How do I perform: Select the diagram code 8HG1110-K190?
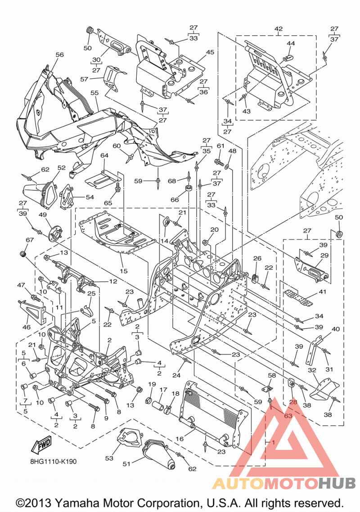point(53,462)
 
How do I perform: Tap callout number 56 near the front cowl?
point(59,54)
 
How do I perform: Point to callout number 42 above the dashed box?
point(279,29)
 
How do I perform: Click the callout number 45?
point(210,52)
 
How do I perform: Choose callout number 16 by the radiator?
point(180,439)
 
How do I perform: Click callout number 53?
point(109,458)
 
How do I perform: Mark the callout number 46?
point(26,327)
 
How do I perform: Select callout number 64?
point(104,155)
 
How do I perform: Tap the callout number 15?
point(123,271)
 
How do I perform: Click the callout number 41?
point(323,292)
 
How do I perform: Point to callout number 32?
point(312,370)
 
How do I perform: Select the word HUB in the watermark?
point(337,483)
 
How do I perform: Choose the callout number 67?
point(30,240)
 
